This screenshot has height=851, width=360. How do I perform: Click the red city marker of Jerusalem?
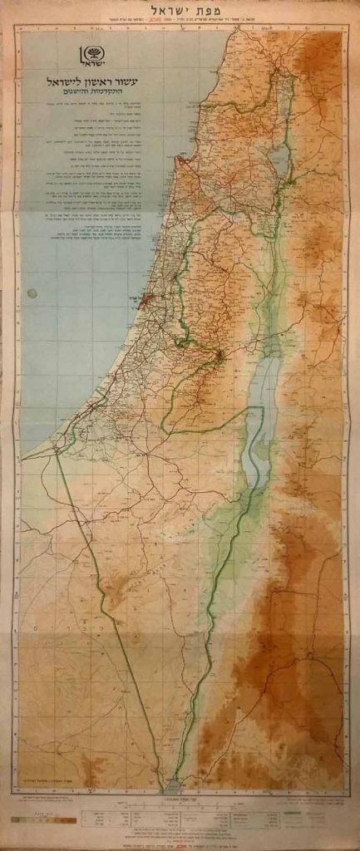click(219, 357)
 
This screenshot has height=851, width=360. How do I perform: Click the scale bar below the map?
click(180, 800)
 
